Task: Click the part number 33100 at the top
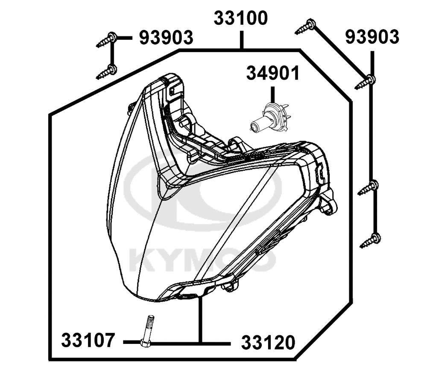[241, 18]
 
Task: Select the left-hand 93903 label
[166, 38]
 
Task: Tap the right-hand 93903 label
[372, 37]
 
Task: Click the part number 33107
[88, 340]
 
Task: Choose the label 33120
[268, 343]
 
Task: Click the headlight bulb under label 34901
[269, 117]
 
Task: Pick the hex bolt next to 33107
[147, 331]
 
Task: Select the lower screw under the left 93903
[106, 72]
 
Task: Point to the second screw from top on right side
[365, 82]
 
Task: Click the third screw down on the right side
[368, 188]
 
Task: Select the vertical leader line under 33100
[241, 40]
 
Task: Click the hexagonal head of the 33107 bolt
[145, 343]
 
